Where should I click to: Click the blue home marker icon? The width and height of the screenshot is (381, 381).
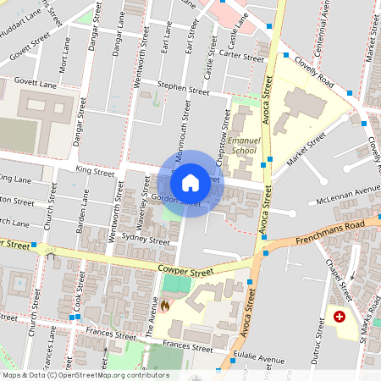coord(190,183)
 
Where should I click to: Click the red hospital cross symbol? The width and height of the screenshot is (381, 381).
coord(340,317)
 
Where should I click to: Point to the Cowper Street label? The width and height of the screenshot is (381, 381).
coord(186,271)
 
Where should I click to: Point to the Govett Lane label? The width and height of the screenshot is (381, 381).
coord(34,85)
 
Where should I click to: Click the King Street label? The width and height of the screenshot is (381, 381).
coord(94,171)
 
